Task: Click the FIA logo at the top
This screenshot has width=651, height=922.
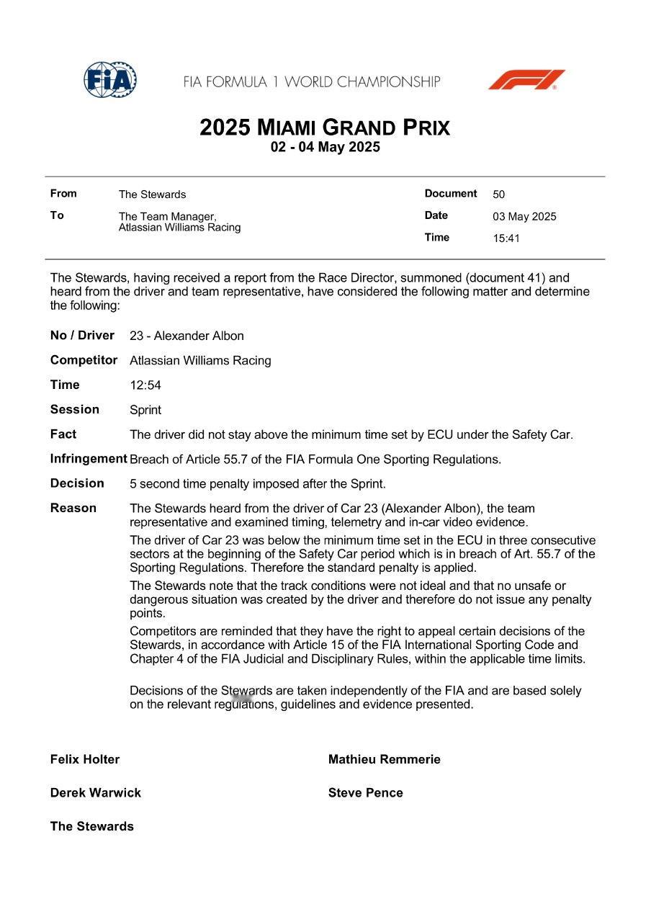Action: point(109,80)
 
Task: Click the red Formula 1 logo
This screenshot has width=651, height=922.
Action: point(526,79)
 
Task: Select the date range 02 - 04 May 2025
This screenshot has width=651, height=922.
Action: point(325,148)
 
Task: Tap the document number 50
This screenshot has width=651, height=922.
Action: point(498,194)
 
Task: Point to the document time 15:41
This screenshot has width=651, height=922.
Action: point(506,238)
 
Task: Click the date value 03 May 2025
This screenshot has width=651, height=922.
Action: point(524,217)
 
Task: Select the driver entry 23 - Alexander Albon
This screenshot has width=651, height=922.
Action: point(187,336)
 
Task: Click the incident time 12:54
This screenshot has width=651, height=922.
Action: point(145,385)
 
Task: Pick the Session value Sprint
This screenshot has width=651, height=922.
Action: point(145,410)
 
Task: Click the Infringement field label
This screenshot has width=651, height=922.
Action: point(89,459)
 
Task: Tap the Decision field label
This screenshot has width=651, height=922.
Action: point(77,483)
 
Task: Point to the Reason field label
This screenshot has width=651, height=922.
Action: point(73,508)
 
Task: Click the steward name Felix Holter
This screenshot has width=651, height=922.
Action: point(85,759)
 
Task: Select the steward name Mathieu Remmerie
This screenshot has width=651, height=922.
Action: point(384,759)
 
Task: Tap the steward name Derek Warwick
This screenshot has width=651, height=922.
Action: point(95,793)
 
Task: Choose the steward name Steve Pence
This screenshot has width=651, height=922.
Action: point(365,793)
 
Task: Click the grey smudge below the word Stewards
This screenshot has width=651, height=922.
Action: point(242,698)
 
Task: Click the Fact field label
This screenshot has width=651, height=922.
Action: point(63,434)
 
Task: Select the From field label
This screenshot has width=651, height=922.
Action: point(63,193)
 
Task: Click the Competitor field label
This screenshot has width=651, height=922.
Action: point(84,360)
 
